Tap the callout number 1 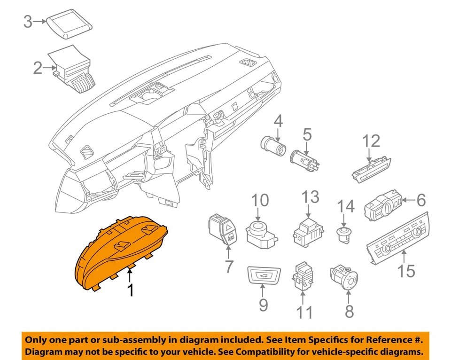[x=131, y=290]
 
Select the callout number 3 [x=29, y=22]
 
